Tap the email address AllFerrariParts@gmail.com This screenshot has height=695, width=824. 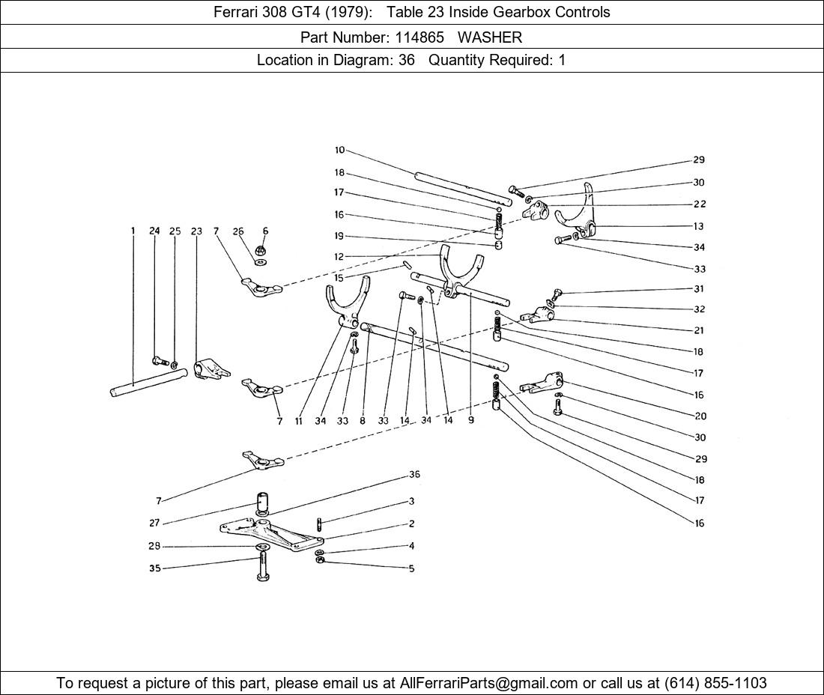(x=489, y=683)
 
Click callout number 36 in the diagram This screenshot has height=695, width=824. (x=414, y=475)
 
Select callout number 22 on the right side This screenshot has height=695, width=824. (x=699, y=204)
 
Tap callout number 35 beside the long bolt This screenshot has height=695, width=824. (x=154, y=569)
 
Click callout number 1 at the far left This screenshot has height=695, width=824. (x=133, y=231)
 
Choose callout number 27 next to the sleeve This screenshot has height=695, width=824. (x=154, y=523)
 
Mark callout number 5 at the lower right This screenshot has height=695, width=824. (x=411, y=568)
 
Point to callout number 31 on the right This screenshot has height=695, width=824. (x=699, y=289)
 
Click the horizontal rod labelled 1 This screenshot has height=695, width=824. (x=146, y=385)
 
